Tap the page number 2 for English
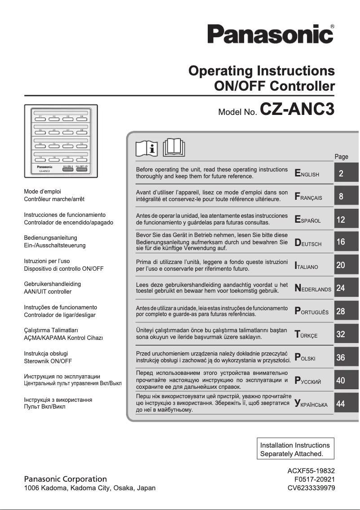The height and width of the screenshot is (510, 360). (x=341, y=174)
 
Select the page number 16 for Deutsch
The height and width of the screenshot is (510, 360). (x=341, y=242)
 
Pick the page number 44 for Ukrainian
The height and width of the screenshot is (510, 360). (x=341, y=404)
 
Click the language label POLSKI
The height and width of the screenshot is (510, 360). (x=305, y=358)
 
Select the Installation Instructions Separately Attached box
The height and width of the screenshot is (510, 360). (x=295, y=449)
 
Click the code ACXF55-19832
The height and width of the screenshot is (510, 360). (x=311, y=470)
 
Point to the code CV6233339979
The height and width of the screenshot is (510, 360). (x=311, y=488)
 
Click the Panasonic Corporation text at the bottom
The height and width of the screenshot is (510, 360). (x=66, y=479)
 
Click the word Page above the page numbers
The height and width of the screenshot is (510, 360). (x=341, y=157)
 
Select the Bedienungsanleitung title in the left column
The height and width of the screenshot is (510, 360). (x=50, y=237)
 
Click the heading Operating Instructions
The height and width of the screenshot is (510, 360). (x=262, y=71)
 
